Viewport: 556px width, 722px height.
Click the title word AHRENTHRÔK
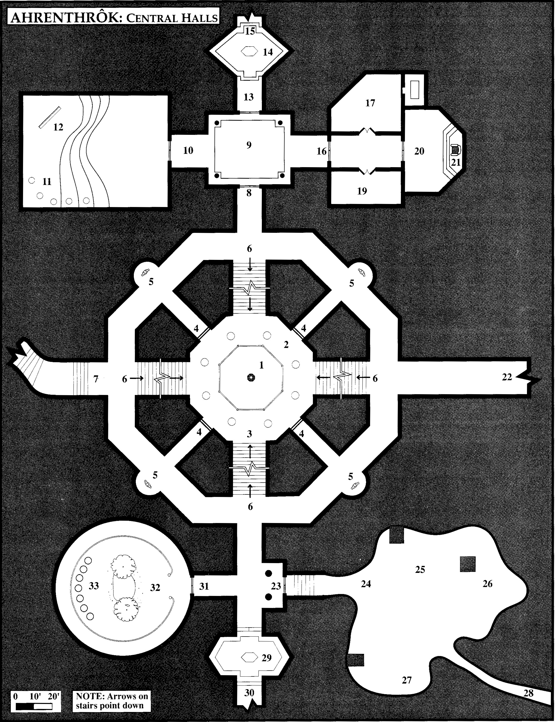[x=64, y=18]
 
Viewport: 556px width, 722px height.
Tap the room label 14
[x=268, y=52]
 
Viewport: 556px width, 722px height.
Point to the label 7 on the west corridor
[x=96, y=379]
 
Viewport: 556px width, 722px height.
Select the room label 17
[x=370, y=103]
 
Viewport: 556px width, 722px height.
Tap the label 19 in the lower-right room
[x=362, y=191]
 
